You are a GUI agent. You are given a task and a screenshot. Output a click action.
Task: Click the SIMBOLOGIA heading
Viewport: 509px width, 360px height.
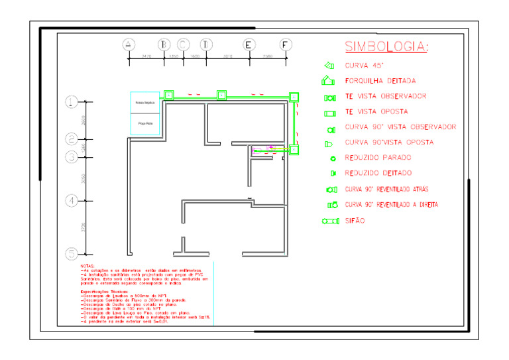tap(386, 46)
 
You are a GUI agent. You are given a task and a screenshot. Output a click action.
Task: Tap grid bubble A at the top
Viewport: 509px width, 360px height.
tap(129, 44)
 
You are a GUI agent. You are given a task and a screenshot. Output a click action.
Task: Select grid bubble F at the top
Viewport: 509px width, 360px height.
tap(285, 44)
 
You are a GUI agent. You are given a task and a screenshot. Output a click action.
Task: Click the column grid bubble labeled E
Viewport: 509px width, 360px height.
tap(248, 44)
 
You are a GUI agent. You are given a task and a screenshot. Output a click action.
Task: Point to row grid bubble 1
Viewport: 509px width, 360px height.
tap(72, 101)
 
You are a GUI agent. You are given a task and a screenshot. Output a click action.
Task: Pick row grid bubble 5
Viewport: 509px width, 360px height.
tap(72, 253)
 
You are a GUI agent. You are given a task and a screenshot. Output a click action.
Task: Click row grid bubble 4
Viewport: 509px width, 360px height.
tap(72, 200)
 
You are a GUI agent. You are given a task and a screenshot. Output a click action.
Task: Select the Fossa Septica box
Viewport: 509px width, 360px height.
tap(144, 103)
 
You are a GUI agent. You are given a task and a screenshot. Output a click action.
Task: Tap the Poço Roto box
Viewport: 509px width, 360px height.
tap(144, 123)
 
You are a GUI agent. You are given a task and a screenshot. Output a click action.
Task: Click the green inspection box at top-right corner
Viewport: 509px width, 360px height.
tap(294, 97)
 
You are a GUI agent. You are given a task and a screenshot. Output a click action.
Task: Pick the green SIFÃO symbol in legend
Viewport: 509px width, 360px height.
tap(331, 221)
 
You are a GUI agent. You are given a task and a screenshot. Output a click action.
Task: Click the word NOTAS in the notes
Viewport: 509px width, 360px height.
tap(87, 266)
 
